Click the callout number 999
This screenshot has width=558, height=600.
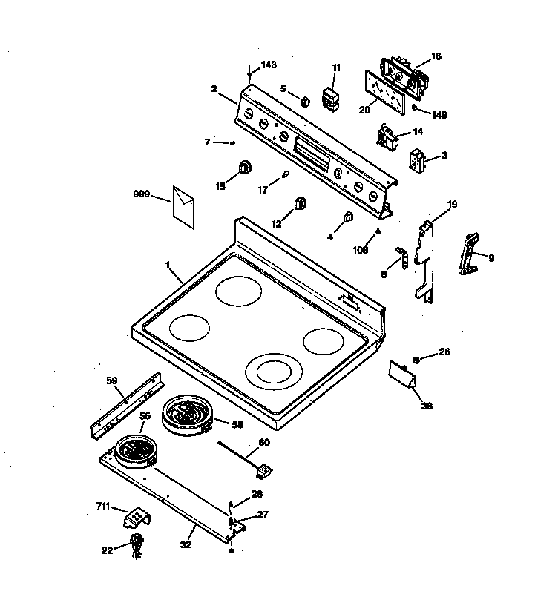(141, 194)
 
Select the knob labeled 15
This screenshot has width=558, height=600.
(244, 168)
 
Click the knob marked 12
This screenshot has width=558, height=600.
(301, 203)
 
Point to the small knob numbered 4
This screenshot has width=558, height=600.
(348, 218)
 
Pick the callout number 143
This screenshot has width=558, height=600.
(268, 65)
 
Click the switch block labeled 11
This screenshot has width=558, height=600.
(331, 99)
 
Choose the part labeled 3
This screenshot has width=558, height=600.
(418, 159)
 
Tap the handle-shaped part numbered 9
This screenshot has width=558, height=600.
(470, 253)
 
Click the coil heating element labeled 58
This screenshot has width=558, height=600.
(187, 414)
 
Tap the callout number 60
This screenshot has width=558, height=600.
(263, 443)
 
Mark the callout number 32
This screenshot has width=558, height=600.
(186, 544)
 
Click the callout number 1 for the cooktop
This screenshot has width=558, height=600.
(168, 265)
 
